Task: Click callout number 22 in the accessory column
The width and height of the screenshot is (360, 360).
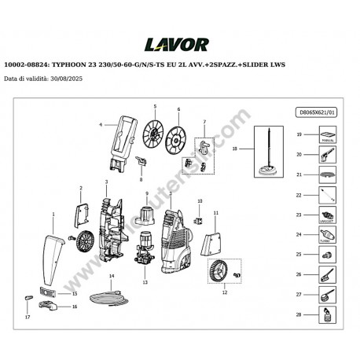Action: click(299, 194)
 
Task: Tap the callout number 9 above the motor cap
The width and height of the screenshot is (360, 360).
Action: click(145, 193)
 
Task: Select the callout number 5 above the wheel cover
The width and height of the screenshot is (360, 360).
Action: click(155, 106)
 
